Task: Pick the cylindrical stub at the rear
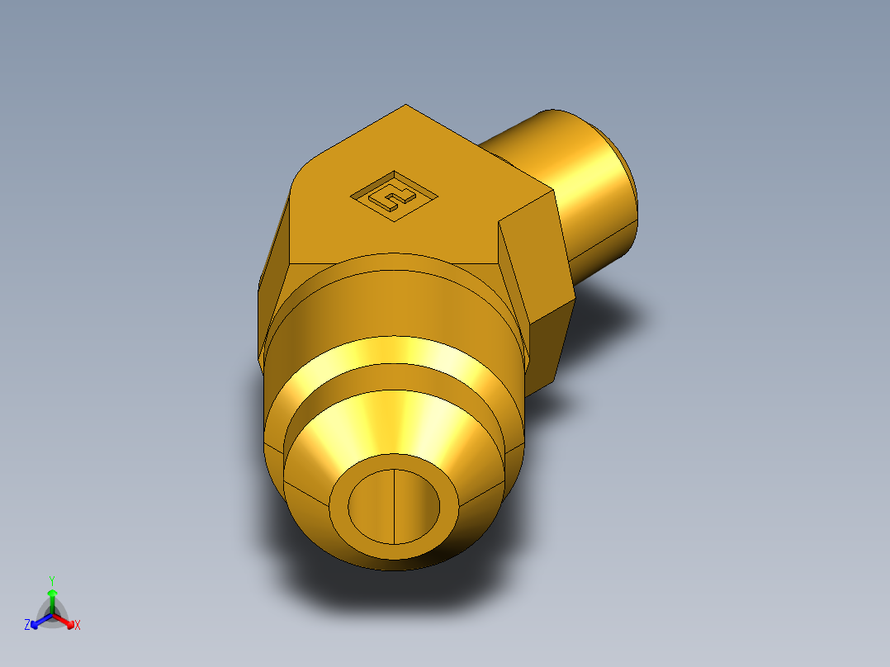click(x=578, y=190)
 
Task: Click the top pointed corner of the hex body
click(x=405, y=107)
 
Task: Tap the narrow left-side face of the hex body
click(x=272, y=281)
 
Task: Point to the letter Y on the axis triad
click(x=51, y=580)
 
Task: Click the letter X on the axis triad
click(x=78, y=626)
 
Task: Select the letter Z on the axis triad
click(x=27, y=626)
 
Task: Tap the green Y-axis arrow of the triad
click(x=52, y=598)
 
